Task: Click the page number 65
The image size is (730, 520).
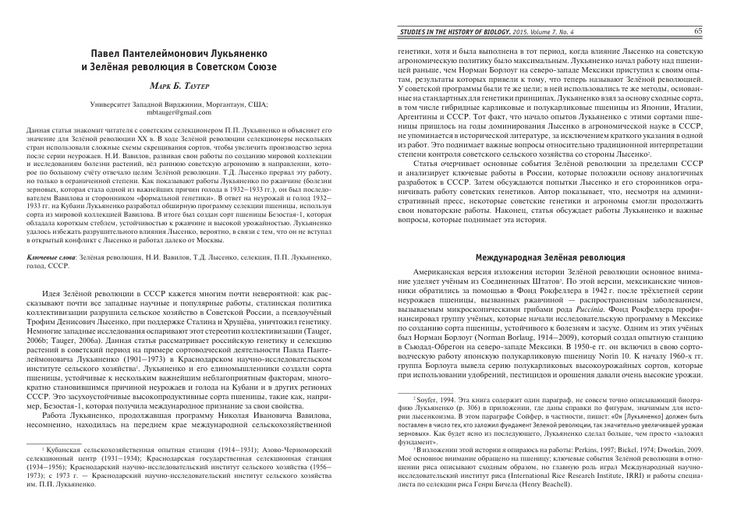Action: point(698,31)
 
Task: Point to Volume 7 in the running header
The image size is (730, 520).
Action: point(558,32)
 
